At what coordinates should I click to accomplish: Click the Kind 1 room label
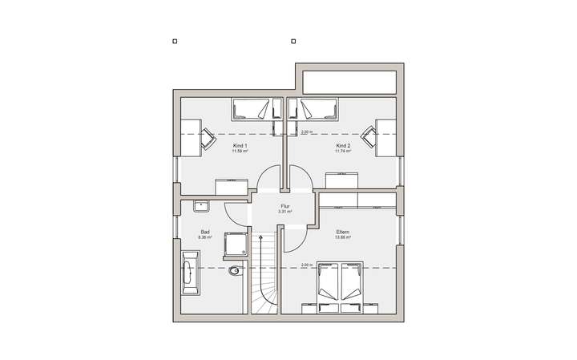tap(240, 145)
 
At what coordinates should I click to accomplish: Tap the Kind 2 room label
tap(343, 145)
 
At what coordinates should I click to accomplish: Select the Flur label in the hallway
tap(284, 206)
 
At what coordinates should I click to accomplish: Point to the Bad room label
tap(205, 232)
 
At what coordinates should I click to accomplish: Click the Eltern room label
tap(342, 232)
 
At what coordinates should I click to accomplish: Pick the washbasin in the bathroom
tap(200, 207)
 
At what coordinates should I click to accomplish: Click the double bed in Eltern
tap(341, 285)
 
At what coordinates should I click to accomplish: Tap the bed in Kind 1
tap(252, 109)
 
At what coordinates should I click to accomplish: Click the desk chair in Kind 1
tap(208, 138)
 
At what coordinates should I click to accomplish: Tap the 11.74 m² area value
tap(343, 151)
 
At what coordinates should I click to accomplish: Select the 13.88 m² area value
tap(342, 237)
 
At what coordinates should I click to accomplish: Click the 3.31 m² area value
tap(284, 212)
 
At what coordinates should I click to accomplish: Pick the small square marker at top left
tap(174, 41)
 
